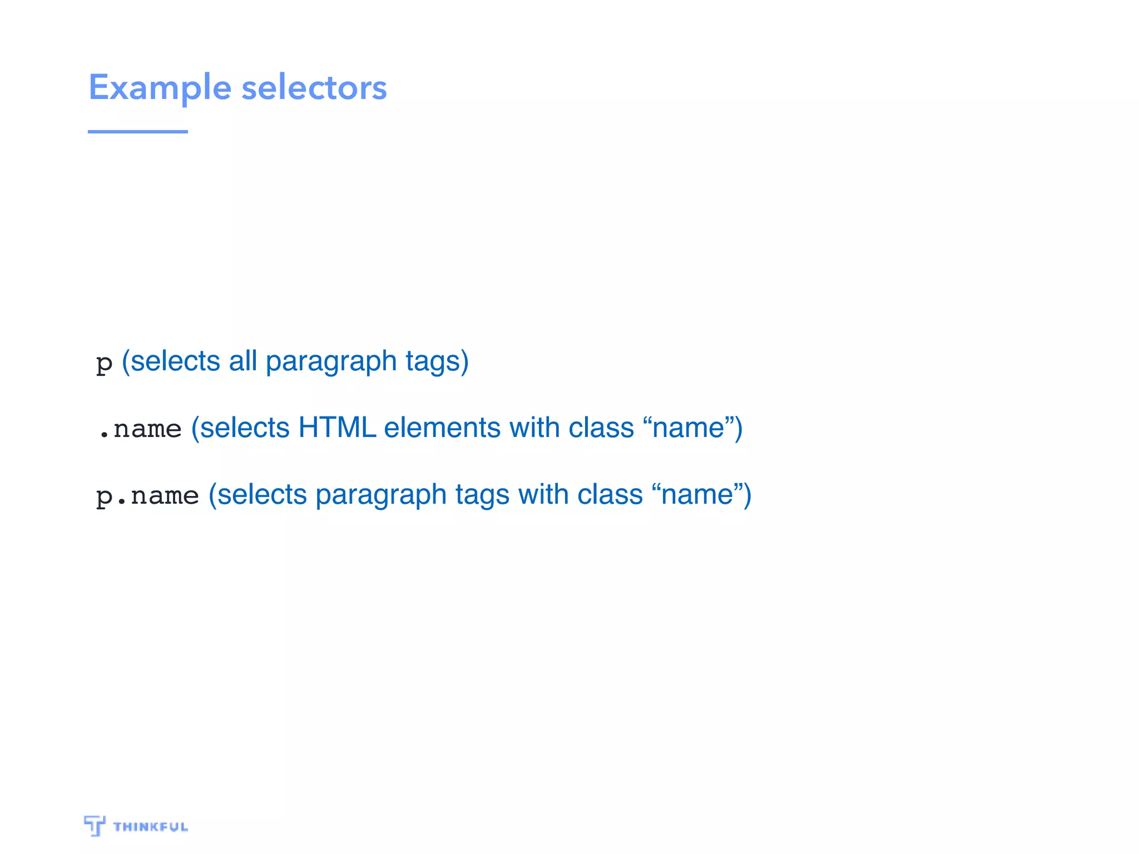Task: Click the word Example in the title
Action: point(160,88)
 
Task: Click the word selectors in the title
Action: point(314,88)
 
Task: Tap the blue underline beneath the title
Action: point(137,132)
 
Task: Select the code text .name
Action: point(140,429)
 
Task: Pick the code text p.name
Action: point(147,495)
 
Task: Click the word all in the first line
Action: point(242,361)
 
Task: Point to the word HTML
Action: point(337,428)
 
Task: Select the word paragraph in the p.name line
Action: point(381,495)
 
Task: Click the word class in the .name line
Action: point(601,428)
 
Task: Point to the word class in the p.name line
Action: point(610,495)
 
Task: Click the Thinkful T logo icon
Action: point(95,826)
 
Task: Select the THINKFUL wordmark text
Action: point(151,827)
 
